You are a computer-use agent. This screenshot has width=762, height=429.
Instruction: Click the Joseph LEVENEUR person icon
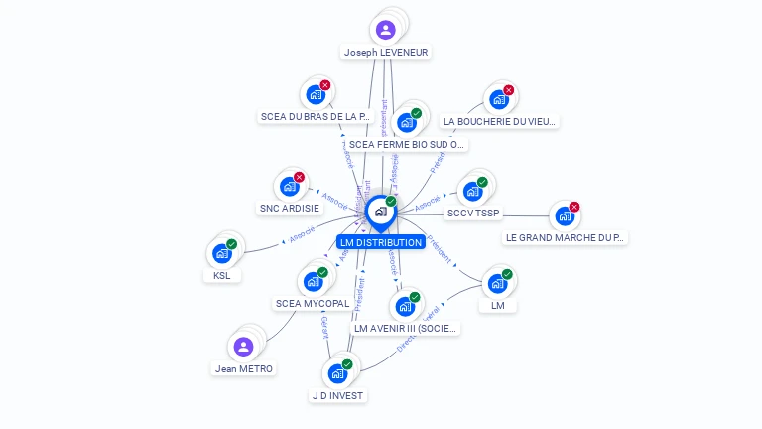pos(385,30)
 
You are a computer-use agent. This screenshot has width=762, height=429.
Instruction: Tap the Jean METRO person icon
pos(243,347)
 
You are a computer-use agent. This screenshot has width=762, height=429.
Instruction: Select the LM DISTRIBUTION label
pos(380,242)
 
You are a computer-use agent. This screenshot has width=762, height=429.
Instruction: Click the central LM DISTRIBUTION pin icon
pos(379,212)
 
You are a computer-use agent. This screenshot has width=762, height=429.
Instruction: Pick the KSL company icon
pos(222,253)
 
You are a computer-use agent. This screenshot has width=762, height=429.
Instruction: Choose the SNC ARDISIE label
pos(289,209)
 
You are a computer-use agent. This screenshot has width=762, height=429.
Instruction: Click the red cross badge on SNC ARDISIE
pos(299,177)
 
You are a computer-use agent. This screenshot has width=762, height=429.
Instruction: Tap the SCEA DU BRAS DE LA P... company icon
pos(316,95)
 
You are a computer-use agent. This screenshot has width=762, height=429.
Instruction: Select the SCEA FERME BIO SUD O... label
pos(407,144)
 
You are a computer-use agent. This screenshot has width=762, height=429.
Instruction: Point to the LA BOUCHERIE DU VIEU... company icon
pos(499,99)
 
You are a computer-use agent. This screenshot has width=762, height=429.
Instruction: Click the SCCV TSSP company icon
pos(472,191)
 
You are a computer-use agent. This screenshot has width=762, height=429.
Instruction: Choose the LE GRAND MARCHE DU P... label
pos(566,237)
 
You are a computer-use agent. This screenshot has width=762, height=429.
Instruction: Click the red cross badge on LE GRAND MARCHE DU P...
pos(574,207)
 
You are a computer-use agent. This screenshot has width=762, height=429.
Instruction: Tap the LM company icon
pos(497,283)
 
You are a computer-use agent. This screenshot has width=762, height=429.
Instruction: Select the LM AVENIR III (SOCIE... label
pos(406,328)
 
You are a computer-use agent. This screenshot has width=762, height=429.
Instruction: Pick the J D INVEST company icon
pos(337,373)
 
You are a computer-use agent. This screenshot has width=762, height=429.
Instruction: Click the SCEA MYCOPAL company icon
pos(313,281)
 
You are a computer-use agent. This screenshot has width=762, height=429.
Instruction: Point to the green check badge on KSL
pos(232,244)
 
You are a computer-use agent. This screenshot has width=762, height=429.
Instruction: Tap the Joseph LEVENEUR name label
pos(386,52)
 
